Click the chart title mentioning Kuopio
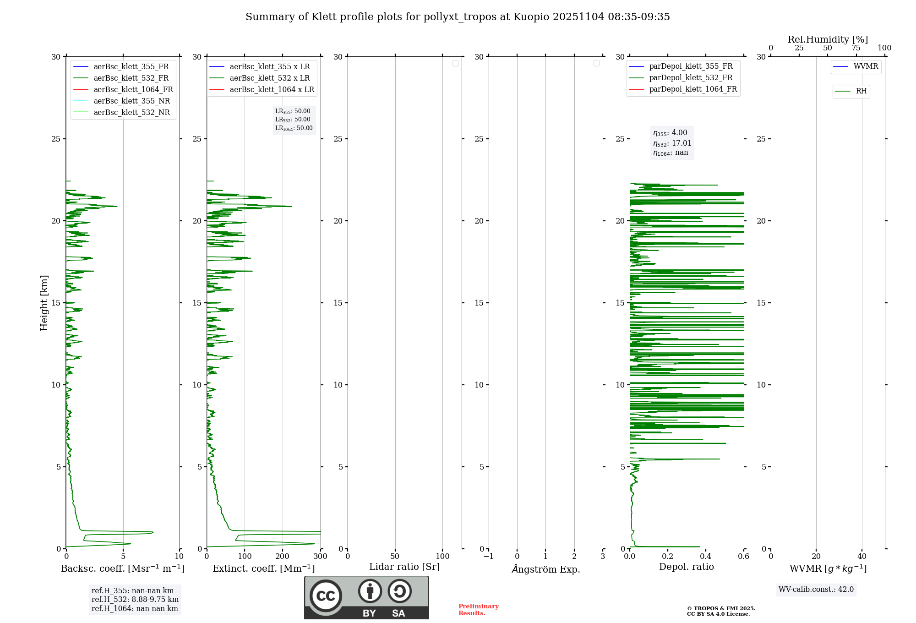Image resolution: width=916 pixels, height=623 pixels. click(x=458, y=17)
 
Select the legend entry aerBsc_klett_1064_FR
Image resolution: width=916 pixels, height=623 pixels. click(x=133, y=90)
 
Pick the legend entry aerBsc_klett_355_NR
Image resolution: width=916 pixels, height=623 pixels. click(x=131, y=101)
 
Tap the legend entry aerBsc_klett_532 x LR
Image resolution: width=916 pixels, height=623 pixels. click(x=269, y=78)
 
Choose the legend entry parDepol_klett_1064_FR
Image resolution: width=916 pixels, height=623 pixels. click(x=692, y=89)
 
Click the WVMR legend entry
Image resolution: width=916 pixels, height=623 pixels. click(x=865, y=66)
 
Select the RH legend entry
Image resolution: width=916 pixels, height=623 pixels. click(x=861, y=91)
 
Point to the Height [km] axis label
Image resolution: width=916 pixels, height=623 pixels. click(x=44, y=303)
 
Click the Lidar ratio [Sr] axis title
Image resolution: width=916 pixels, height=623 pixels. click(x=404, y=567)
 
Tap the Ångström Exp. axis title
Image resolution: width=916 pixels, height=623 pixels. click(x=545, y=569)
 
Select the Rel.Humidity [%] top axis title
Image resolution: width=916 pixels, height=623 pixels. click(x=828, y=39)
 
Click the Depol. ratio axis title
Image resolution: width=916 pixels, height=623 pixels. click(x=686, y=567)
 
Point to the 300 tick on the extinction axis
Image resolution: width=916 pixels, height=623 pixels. click(x=321, y=557)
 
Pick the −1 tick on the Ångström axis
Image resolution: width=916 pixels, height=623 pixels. click(x=488, y=557)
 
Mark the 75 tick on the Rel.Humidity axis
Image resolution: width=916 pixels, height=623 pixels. click(x=856, y=48)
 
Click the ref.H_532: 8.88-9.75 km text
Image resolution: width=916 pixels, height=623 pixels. click(x=135, y=600)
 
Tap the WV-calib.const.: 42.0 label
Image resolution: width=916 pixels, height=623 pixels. click(x=816, y=590)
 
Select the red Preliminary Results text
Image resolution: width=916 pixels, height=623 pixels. click(x=478, y=610)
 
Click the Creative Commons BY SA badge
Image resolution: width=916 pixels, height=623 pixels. click(x=366, y=598)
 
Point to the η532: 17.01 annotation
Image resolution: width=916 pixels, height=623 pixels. click(x=672, y=143)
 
